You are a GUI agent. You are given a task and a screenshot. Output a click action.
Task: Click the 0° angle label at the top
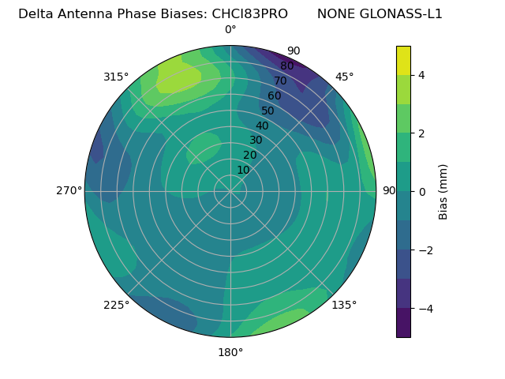230,30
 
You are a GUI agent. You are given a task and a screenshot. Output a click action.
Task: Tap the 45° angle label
344,77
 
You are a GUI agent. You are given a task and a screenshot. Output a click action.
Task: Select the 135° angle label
344,305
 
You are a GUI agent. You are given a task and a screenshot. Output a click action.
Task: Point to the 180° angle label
230,352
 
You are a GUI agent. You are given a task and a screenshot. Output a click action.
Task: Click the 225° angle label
116,305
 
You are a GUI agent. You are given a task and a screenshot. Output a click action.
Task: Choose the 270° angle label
69,190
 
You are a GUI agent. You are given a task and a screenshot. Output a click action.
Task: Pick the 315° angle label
116,77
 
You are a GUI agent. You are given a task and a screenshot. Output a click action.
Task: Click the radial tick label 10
243,170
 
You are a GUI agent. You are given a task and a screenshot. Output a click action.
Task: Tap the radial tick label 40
262,126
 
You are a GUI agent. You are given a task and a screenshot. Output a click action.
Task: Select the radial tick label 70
280,81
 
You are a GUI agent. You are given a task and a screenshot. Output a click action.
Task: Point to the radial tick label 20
249,155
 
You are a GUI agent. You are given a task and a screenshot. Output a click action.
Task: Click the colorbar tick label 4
422,75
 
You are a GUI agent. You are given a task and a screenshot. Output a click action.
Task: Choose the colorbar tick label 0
422,192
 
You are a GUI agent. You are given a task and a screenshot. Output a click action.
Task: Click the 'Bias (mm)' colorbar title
443,192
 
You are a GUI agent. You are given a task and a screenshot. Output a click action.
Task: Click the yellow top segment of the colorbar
403,60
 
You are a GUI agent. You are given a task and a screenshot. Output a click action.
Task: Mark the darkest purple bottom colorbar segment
403,323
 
